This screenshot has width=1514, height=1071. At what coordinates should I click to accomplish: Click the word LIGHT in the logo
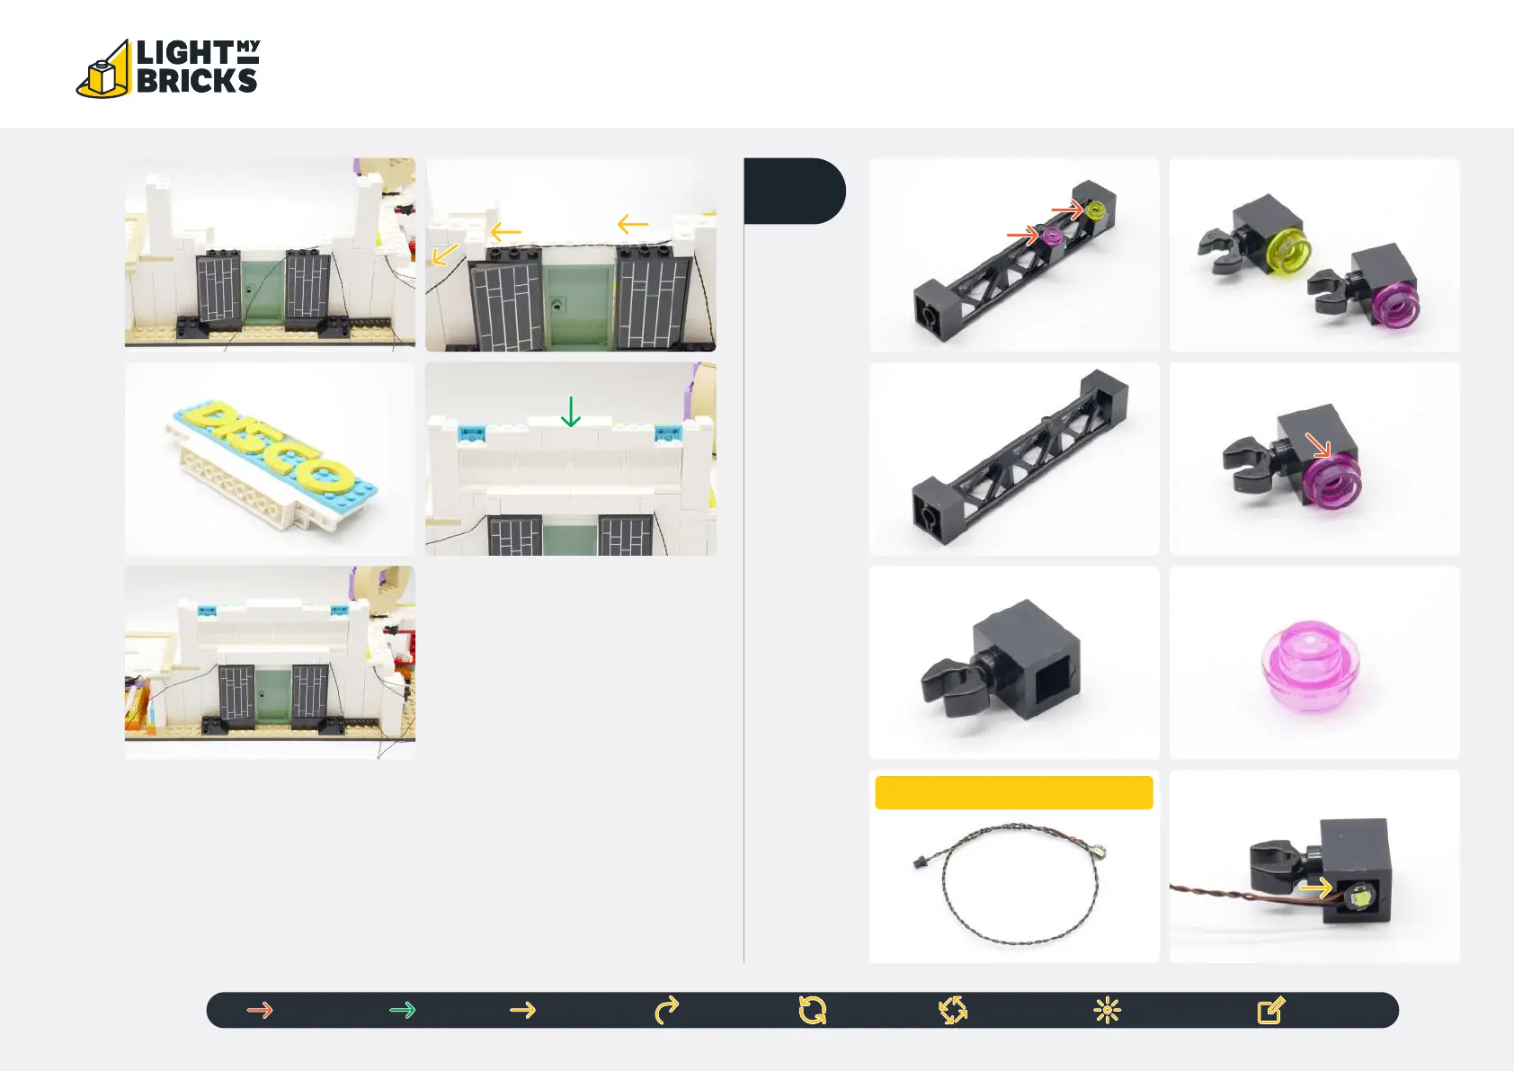click(184, 52)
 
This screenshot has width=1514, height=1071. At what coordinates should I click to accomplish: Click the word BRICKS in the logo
click(197, 81)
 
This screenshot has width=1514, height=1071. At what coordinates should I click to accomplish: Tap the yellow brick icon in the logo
click(103, 73)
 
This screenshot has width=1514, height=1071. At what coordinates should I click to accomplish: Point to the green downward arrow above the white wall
click(571, 412)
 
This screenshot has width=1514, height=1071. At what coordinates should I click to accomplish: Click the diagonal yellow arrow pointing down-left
click(444, 255)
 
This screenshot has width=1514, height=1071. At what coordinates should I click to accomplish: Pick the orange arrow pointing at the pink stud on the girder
click(1021, 236)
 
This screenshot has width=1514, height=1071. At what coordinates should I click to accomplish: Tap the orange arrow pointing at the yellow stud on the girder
click(1067, 210)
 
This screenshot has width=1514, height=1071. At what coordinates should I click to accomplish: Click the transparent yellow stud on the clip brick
click(1287, 252)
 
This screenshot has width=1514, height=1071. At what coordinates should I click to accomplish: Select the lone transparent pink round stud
click(1311, 665)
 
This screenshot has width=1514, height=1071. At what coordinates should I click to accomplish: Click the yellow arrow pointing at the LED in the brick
click(1315, 888)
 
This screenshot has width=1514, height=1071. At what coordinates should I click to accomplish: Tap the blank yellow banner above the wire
click(1013, 793)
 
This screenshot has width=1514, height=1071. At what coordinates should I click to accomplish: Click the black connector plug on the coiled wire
click(919, 861)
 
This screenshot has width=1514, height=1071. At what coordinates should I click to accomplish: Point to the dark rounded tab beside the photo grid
click(794, 191)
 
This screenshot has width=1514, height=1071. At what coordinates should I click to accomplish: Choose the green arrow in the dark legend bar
click(402, 1010)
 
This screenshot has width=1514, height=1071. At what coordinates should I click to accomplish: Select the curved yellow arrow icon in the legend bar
click(667, 1011)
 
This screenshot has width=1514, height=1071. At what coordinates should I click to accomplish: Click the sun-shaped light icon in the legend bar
click(1107, 1011)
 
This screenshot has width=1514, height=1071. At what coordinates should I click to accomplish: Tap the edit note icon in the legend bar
click(1270, 1011)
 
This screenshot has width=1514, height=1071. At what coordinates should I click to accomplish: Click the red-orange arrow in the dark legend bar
click(260, 1010)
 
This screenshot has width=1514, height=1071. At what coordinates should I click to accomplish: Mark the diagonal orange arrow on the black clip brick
click(1318, 445)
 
